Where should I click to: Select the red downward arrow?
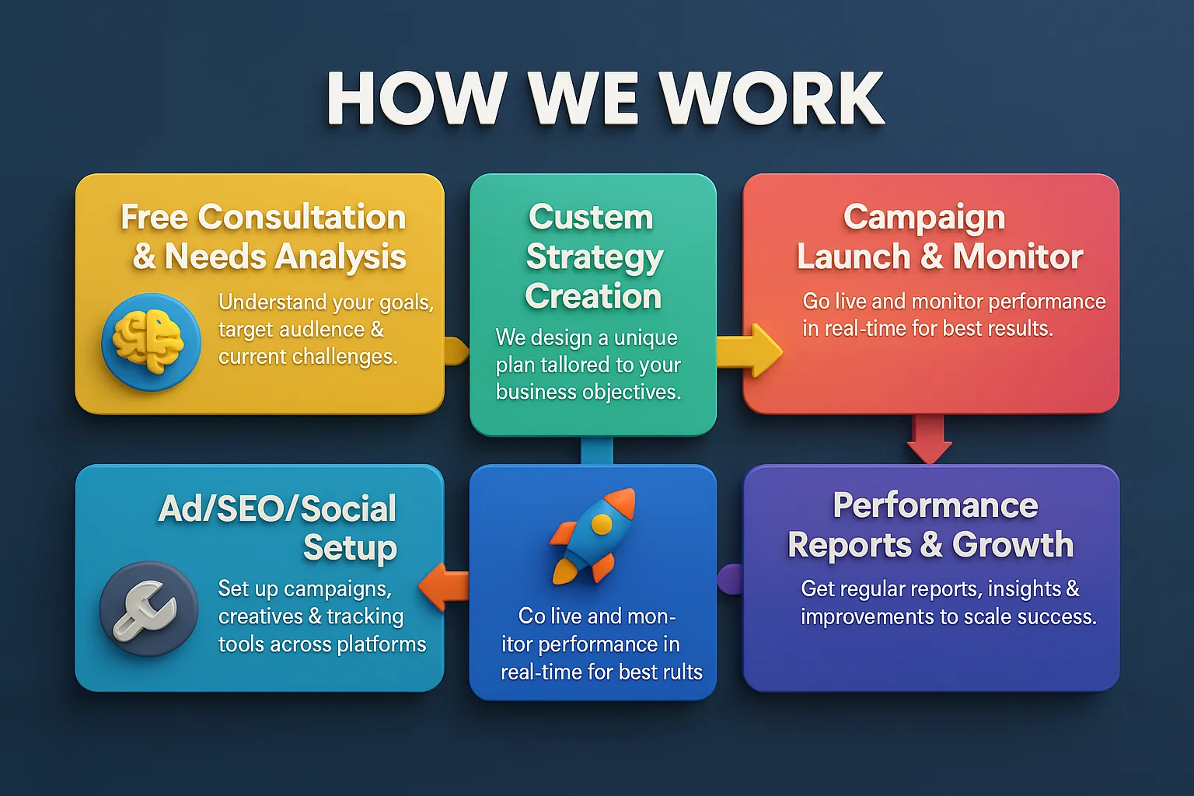[929, 438]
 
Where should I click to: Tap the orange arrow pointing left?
[444, 586]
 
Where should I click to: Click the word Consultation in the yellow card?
[302, 217]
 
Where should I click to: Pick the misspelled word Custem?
[591, 217]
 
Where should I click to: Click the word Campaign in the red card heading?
[924, 218]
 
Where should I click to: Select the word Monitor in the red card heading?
[1018, 257]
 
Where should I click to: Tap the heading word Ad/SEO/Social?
[278, 508]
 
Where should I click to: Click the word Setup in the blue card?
[351, 548]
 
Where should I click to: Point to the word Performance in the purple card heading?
[935, 505]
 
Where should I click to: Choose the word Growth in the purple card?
[1013, 544]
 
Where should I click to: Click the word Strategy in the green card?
[595, 258]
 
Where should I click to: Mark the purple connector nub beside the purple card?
[730, 579]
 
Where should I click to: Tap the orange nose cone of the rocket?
[622, 502]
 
